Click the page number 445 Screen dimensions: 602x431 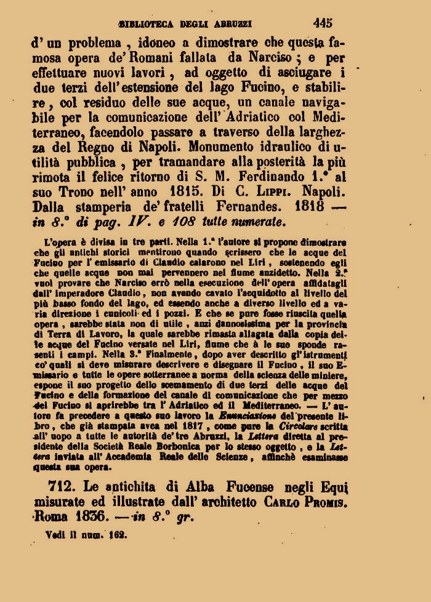[x=322, y=23]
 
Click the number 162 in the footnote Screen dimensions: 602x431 [x=117, y=536]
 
